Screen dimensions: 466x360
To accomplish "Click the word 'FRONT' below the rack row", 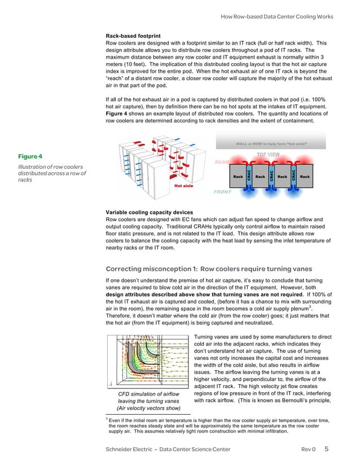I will pyautogui.click(x=223, y=192).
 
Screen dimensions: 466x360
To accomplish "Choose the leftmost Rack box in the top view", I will pyautogui.click(x=238, y=177).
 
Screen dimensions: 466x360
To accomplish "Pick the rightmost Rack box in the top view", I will pyautogui.click(x=305, y=177).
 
